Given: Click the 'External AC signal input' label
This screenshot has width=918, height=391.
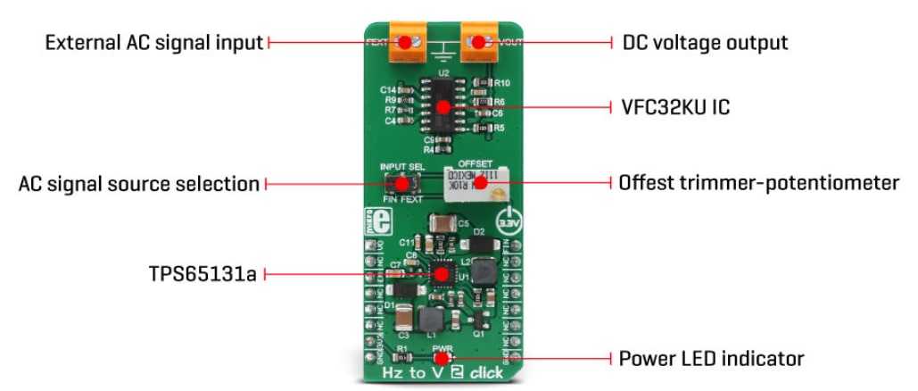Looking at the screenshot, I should tap(154, 42).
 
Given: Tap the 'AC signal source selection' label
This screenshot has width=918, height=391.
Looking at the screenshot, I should tap(139, 184).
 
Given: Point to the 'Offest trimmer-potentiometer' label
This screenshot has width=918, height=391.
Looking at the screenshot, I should tap(758, 183).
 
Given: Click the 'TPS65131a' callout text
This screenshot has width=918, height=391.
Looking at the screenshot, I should tap(203, 274).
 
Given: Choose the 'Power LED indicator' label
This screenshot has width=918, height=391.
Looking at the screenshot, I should tap(711, 359).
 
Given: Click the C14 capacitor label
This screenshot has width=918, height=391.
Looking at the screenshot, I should tap(387, 90).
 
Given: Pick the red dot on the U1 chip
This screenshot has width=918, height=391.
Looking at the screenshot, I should tap(441, 274).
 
